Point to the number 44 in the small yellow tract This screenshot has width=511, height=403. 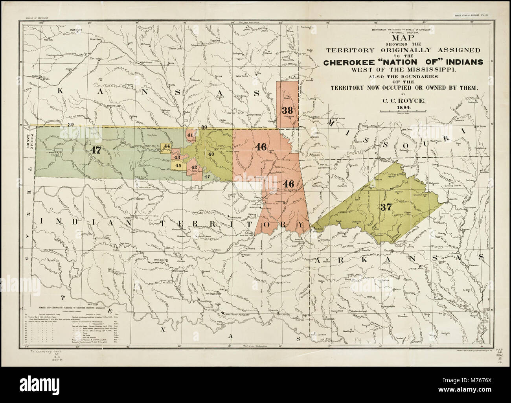pyautogui.click(x=167, y=146)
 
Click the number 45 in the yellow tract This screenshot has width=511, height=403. pyautogui.click(x=178, y=166)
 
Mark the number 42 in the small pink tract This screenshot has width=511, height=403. pyautogui.click(x=194, y=167)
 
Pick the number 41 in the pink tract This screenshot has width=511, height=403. pyautogui.click(x=190, y=135)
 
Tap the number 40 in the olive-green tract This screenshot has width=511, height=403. pyautogui.click(x=211, y=154)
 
